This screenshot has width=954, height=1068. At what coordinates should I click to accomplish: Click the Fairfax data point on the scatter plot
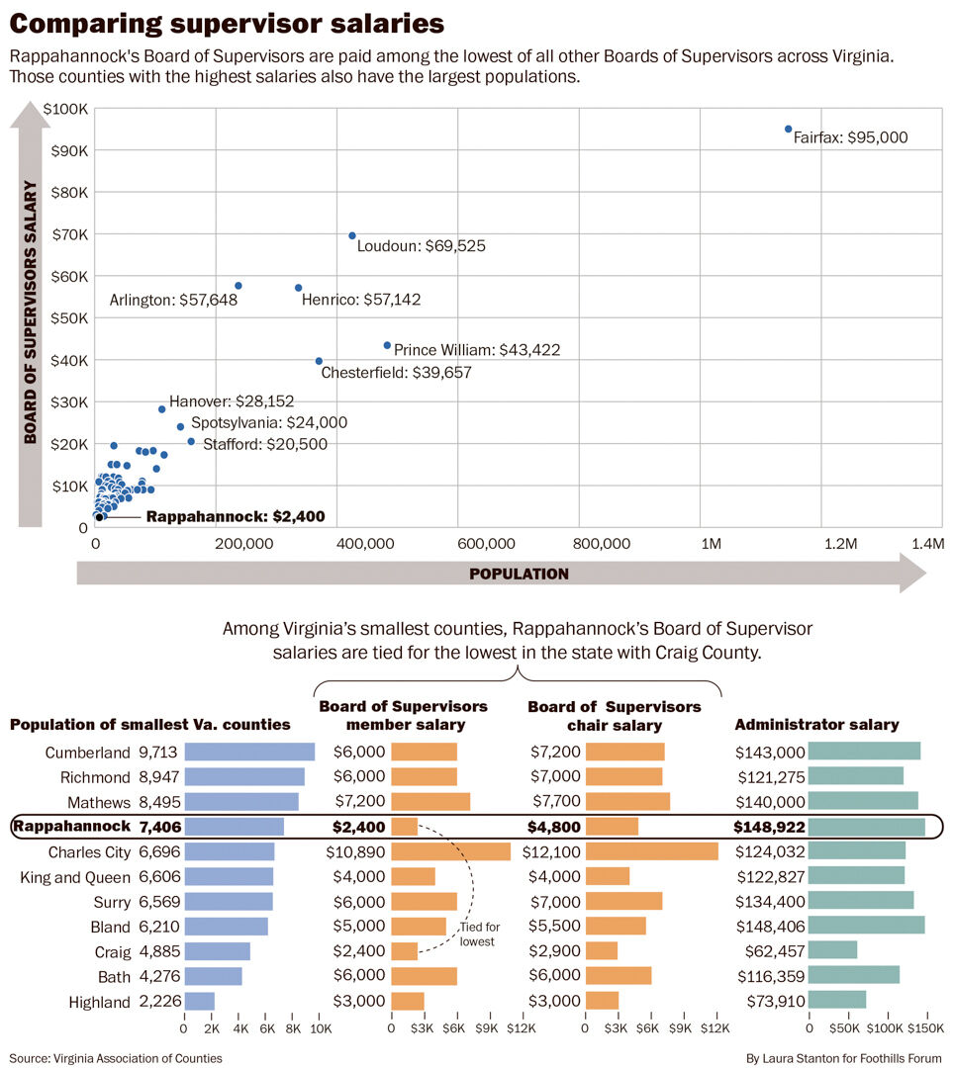788,129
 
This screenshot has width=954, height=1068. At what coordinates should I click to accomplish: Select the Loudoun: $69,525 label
421,246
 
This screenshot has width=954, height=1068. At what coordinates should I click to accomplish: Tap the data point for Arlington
238,286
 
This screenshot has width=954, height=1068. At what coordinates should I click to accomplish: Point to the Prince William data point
387,345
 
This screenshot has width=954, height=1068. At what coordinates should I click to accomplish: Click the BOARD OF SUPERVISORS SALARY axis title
31,312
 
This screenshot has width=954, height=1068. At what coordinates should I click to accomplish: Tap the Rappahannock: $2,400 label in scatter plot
235,516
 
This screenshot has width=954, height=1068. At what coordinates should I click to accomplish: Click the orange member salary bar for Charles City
450,851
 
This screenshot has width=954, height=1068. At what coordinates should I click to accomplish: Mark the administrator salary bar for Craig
832,951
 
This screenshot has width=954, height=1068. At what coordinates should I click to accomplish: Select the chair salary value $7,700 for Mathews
555,802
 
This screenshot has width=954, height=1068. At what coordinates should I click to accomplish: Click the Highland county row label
99,1002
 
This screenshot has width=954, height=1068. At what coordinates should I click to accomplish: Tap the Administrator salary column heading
816,725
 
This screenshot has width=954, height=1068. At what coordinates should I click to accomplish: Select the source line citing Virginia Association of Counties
116,1058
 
